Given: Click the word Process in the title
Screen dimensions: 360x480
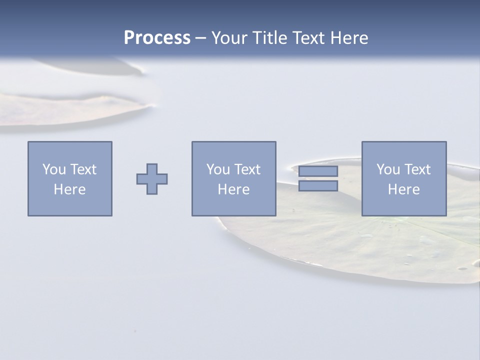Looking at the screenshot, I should point(157,38).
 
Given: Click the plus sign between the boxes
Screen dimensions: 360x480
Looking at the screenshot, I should point(152,179).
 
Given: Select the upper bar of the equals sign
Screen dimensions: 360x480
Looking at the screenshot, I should point(318,171).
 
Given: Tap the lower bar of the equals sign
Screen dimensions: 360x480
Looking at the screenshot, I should point(318,186).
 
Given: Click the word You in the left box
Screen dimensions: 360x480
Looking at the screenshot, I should point(54,169).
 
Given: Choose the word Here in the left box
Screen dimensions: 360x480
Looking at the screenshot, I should point(69,189).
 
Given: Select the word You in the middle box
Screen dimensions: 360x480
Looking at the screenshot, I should point(218,169).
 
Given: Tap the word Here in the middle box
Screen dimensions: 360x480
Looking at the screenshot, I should point(233,189).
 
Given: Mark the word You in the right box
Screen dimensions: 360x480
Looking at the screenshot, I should point(388,169).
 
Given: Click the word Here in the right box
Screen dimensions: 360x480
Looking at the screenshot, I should point(403,189).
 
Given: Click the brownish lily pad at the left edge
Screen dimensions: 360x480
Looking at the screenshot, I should point(60,110).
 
